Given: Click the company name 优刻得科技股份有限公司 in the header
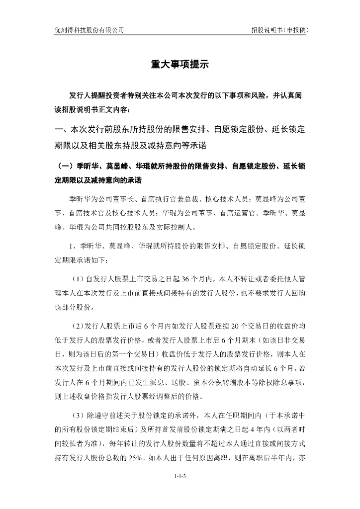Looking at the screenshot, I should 89,30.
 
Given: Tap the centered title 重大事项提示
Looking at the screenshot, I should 180,65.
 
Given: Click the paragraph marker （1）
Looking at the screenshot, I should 77,277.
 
